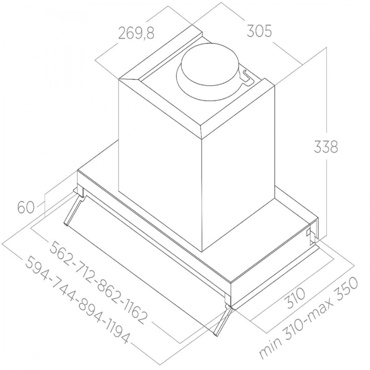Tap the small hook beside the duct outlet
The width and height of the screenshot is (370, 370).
247,77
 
